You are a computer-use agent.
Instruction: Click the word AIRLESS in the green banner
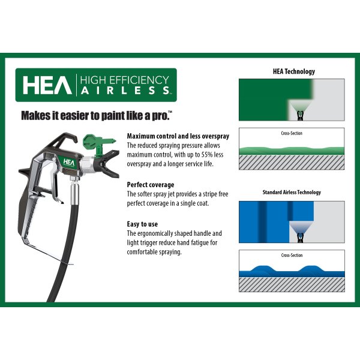(x=125, y=90)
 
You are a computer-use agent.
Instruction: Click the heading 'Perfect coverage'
(x=151, y=185)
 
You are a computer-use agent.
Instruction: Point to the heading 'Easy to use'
(x=143, y=224)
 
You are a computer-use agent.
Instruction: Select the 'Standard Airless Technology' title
(x=292, y=193)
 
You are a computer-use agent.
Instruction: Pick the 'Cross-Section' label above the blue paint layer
(x=292, y=256)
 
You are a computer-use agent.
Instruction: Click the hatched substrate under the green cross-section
(x=292, y=162)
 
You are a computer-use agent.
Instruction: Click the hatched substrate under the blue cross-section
(x=292, y=284)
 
